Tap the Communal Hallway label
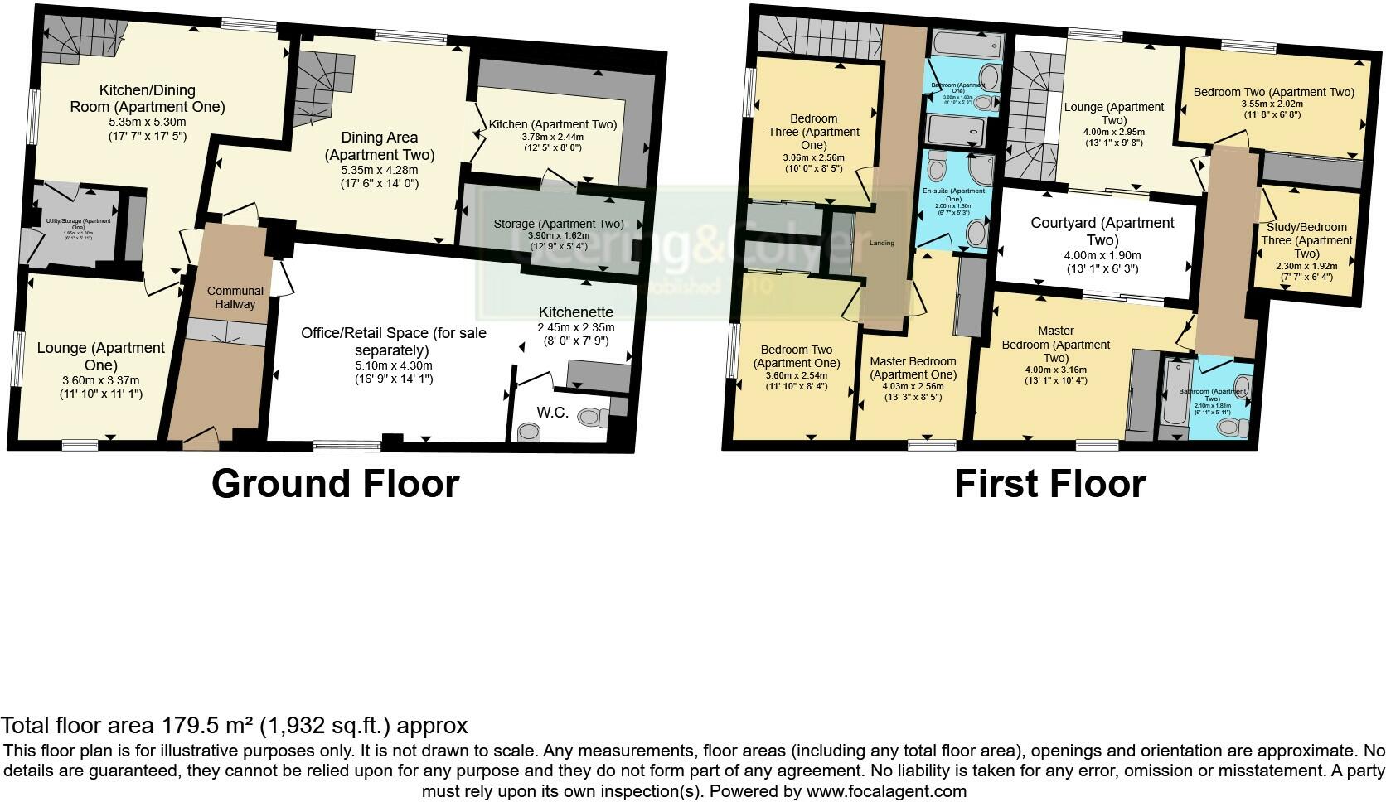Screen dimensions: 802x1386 235,297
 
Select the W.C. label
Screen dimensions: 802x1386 552,412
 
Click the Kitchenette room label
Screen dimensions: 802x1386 576,312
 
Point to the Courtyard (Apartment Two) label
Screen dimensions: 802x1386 1102,231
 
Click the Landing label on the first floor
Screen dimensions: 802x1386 882,243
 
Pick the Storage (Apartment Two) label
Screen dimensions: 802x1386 558,224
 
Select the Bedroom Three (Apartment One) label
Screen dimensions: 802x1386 813,132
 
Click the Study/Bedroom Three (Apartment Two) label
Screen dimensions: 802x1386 1306,240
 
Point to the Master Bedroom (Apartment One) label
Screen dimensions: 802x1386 913,368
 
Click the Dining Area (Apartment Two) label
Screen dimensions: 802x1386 380,146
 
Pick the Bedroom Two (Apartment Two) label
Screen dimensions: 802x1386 1273,92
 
